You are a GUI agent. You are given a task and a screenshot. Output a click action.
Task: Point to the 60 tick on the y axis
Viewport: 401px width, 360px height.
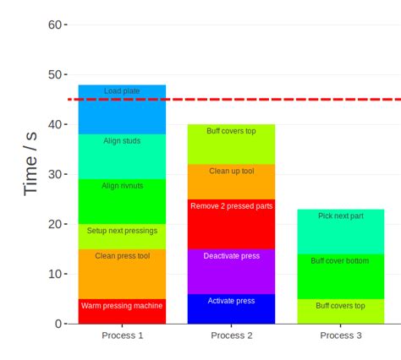(56, 25)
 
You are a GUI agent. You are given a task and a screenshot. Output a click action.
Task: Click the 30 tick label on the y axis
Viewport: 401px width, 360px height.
(56, 174)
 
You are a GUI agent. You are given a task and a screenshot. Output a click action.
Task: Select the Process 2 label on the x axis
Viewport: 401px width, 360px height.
(231, 335)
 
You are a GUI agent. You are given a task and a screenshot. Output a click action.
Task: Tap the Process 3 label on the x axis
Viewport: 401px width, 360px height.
(340, 335)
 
